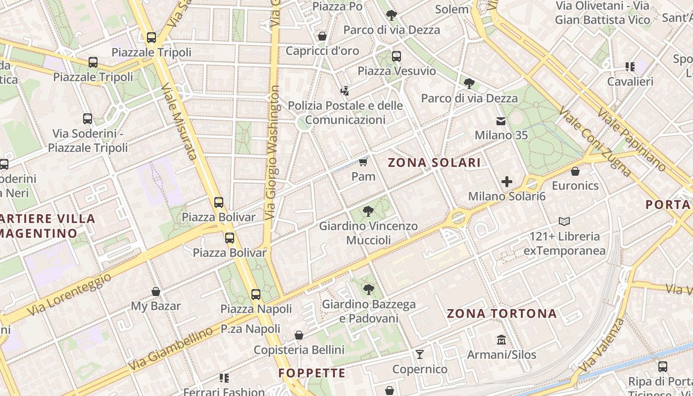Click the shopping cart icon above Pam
click(363, 162)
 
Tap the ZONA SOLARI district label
click(434, 163)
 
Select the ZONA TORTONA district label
click(502, 313)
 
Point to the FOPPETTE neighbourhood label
click(312, 373)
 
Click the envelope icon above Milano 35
click(501, 121)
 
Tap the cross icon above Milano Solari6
click(506, 182)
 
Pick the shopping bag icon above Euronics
click(575, 171)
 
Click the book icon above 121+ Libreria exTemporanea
click(564, 221)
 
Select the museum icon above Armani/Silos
click(501, 340)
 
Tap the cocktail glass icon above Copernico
click(420, 354)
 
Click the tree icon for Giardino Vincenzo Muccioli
click(368, 212)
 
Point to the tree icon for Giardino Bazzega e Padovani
click(368, 290)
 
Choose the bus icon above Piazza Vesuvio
click(396, 56)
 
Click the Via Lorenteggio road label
click(69, 295)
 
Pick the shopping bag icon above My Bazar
click(156, 292)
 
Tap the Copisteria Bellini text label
click(299, 350)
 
